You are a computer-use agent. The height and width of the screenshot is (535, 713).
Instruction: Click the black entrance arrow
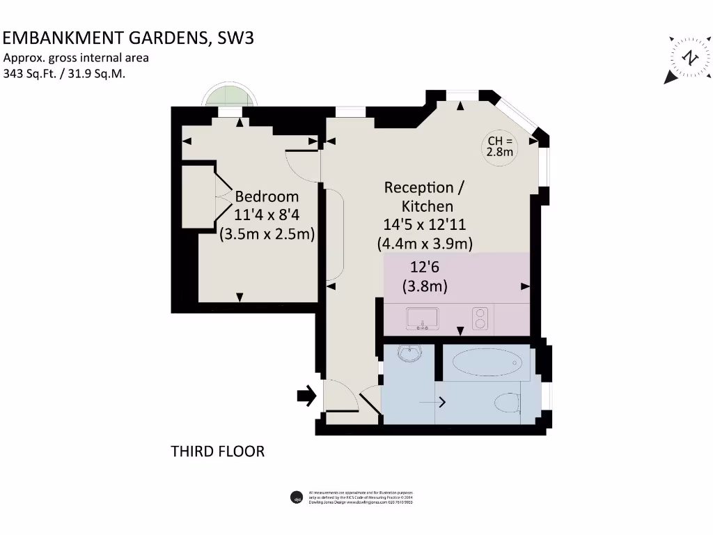(306, 396)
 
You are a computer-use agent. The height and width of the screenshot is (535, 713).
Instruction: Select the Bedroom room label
(267, 196)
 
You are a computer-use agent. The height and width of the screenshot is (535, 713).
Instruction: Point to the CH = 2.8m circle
(500, 146)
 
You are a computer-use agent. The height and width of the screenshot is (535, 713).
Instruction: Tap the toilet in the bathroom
(507, 402)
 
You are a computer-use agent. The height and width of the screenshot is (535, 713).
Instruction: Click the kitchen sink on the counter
(422, 318)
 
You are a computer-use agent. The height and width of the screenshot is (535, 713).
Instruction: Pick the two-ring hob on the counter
(480, 318)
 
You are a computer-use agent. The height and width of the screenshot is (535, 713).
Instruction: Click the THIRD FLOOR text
(218, 451)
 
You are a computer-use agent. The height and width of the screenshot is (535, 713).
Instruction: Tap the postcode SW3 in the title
(236, 38)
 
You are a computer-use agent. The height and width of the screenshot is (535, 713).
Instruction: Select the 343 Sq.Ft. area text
(31, 73)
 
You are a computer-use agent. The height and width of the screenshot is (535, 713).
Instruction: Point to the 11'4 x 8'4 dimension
(267, 216)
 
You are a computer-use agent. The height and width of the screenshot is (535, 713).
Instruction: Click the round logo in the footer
(295, 497)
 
